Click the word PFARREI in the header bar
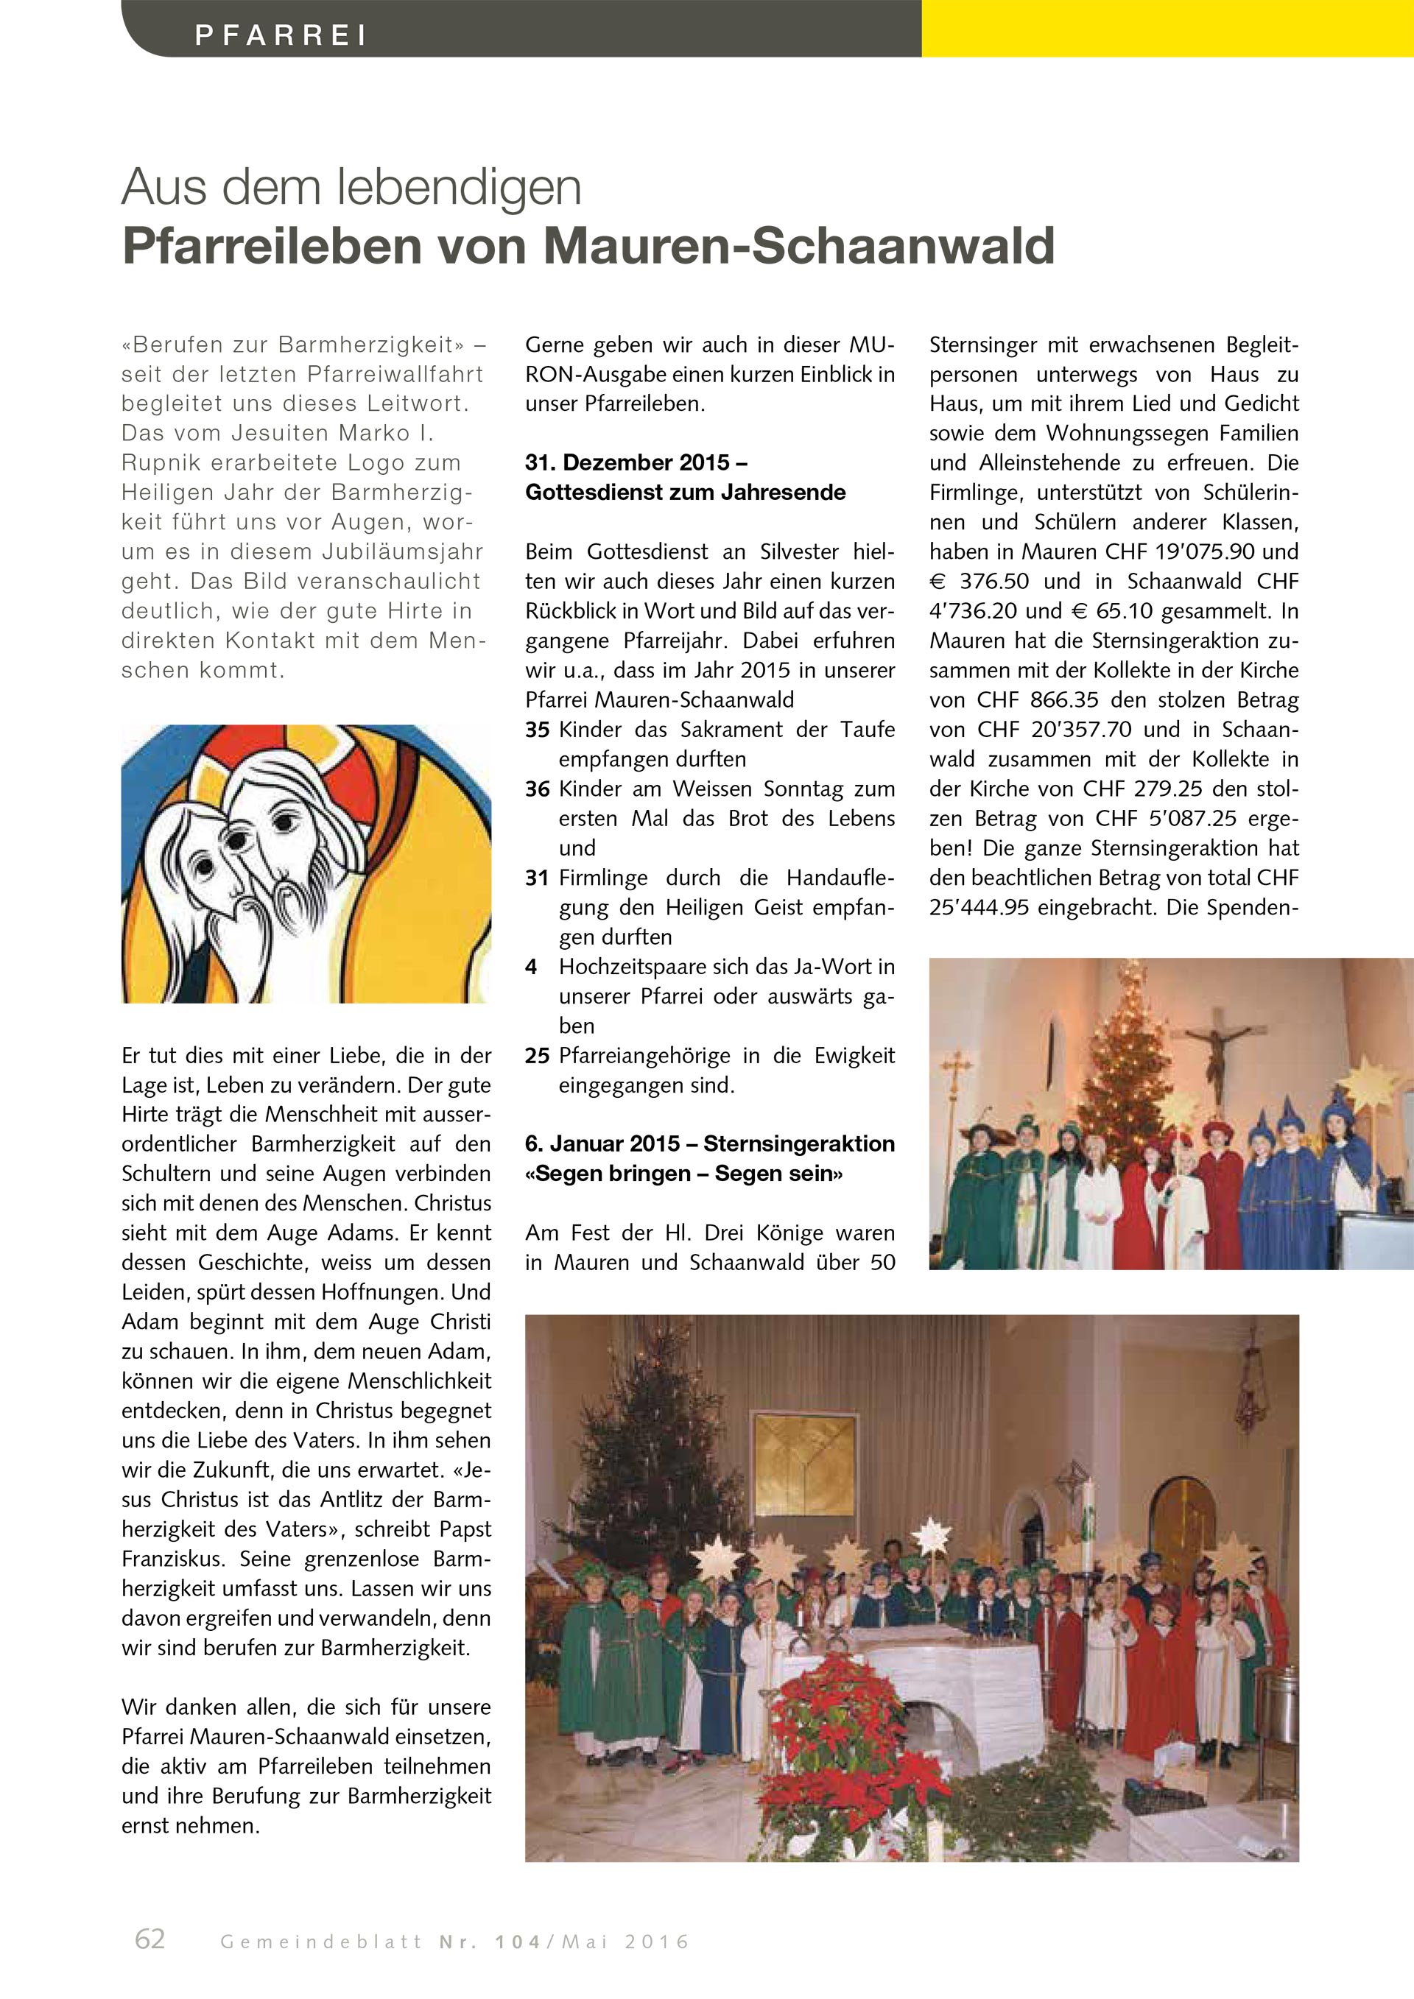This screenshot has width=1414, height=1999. tap(281, 35)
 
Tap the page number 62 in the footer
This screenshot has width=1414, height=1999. tap(150, 1939)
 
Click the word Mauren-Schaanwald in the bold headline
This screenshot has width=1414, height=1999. tap(799, 247)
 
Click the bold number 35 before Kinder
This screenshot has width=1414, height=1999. tap(537, 730)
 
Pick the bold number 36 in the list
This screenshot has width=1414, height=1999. tap(537, 789)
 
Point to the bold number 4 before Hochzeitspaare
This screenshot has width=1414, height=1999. tap(531, 967)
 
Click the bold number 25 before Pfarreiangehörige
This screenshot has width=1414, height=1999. tap(537, 1055)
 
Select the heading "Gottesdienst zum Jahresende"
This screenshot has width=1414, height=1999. tap(685, 493)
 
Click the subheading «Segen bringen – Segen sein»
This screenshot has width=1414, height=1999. tap(684, 1174)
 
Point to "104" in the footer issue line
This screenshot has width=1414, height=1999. tap(518, 1942)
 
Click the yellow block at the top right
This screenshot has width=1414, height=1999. tap(1167, 28)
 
